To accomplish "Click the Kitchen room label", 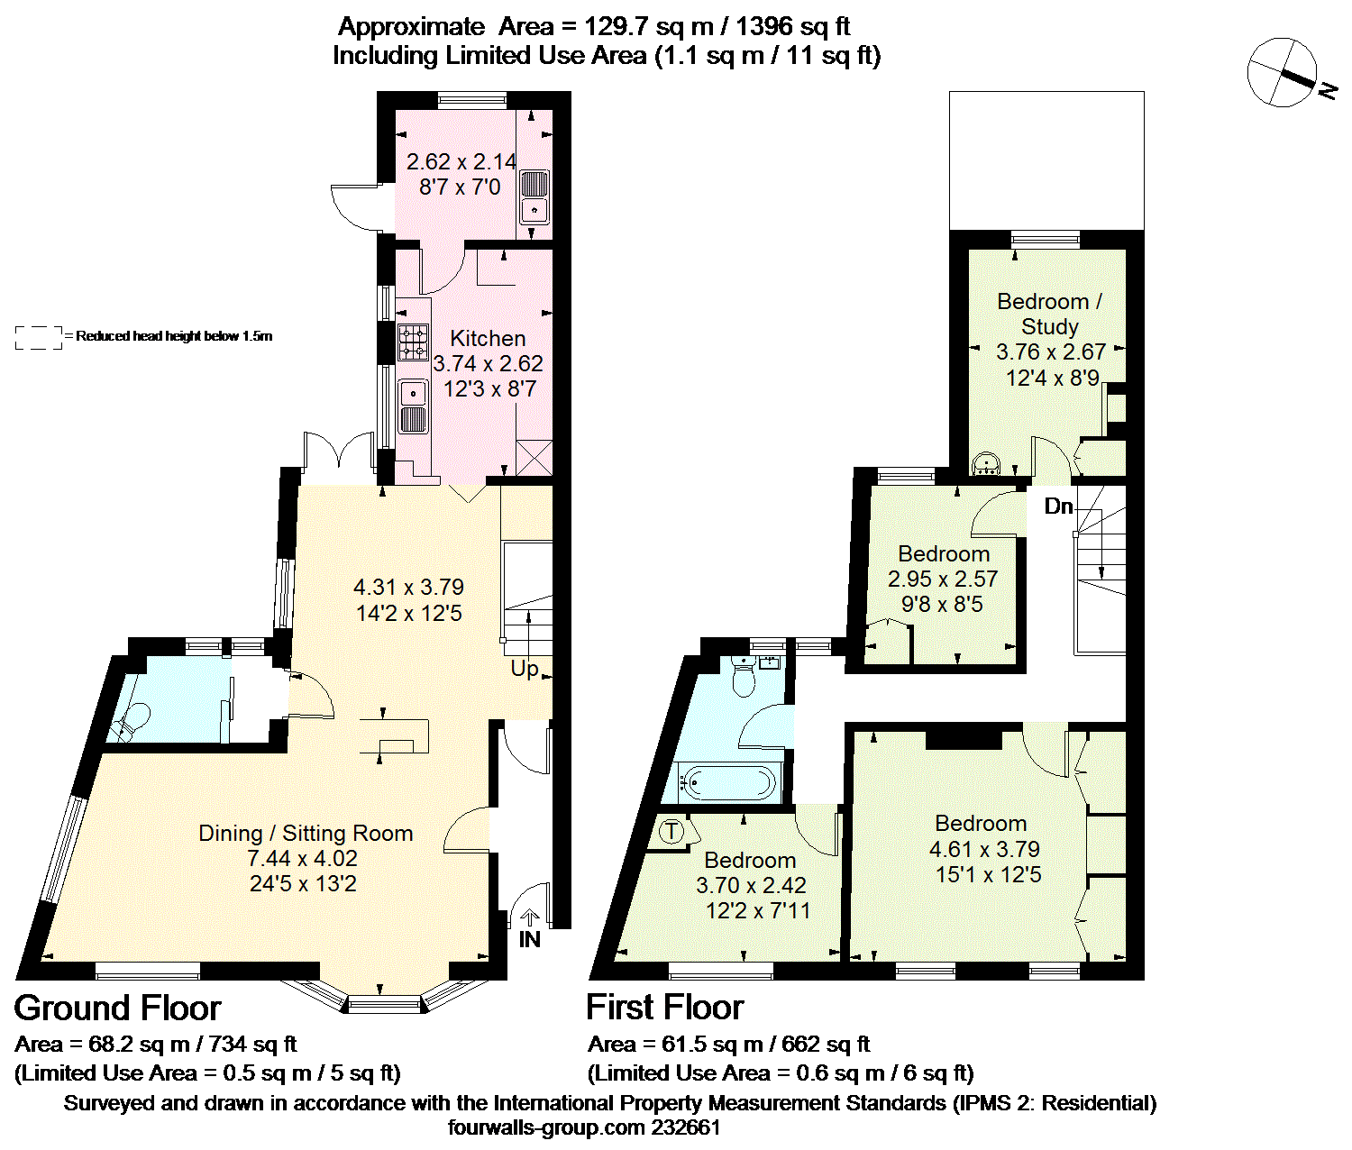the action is click(x=488, y=339).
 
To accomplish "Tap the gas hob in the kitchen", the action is click(x=413, y=342).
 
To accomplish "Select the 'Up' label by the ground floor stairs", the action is click(x=525, y=670).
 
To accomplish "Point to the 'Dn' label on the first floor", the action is click(x=1058, y=507).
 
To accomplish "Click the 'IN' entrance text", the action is click(x=529, y=939).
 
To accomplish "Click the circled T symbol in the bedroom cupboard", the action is click(x=671, y=832).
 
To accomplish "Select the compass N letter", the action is click(x=1327, y=91).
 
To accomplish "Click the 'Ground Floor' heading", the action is click(x=118, y=1008).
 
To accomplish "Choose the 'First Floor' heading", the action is click(x=664, y=1008).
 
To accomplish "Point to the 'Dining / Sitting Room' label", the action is click(x=306, y=834).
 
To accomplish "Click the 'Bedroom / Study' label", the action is click(x=1050, y=314).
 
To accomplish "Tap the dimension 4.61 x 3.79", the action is click(x=984, y=849).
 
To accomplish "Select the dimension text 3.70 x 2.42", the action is click(x=751, y=885).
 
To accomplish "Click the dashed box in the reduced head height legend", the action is click(x=39, y=338).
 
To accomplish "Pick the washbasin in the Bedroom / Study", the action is click(x=986, y=464).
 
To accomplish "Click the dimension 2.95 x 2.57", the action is click(x=943, y=579).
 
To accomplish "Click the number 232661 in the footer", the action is click(x=685, y=1127).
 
